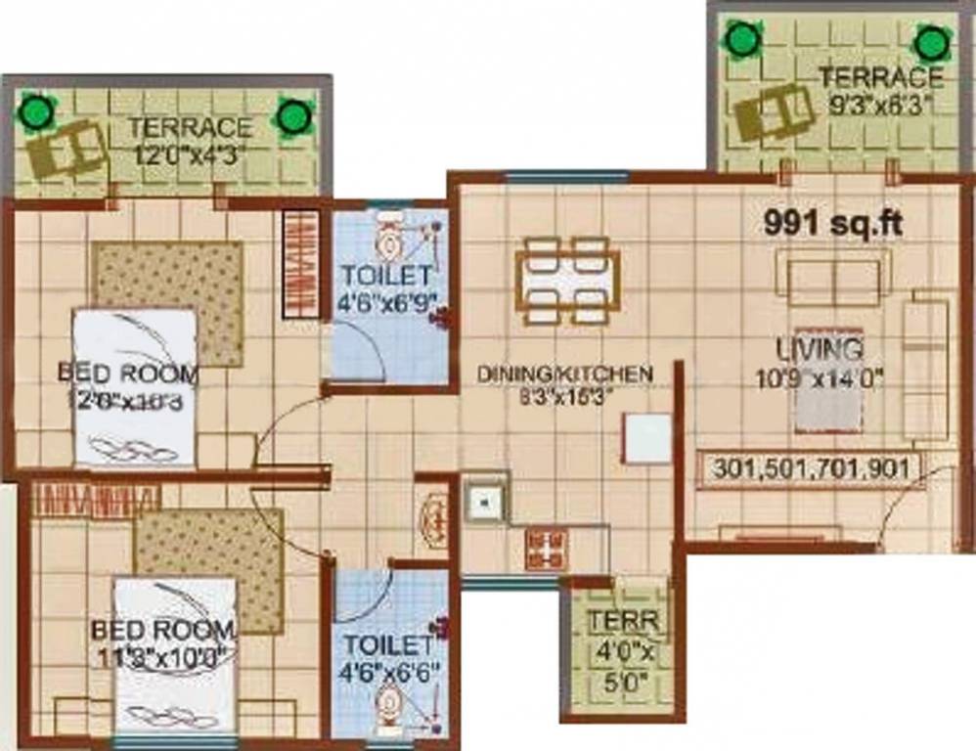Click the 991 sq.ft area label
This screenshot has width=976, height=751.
(832, 224)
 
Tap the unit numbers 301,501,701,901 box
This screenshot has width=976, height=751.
(811, 468)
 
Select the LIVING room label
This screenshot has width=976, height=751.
(820, 348)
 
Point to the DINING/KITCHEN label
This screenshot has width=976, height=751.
(564, 374)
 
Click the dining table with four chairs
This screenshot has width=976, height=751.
(567, 280)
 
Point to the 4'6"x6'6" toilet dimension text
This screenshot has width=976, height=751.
(388, 672)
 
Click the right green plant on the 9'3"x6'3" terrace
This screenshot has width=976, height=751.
(930, 44)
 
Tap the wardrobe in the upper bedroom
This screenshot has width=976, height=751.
(301, 264)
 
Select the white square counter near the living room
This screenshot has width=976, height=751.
(647, 438)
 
